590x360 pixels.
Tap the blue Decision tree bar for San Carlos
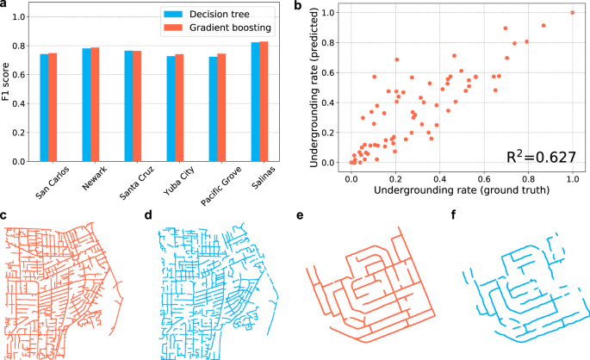point(44,108)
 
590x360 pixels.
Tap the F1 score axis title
point(7,84)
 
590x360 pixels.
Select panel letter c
point(6,213)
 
